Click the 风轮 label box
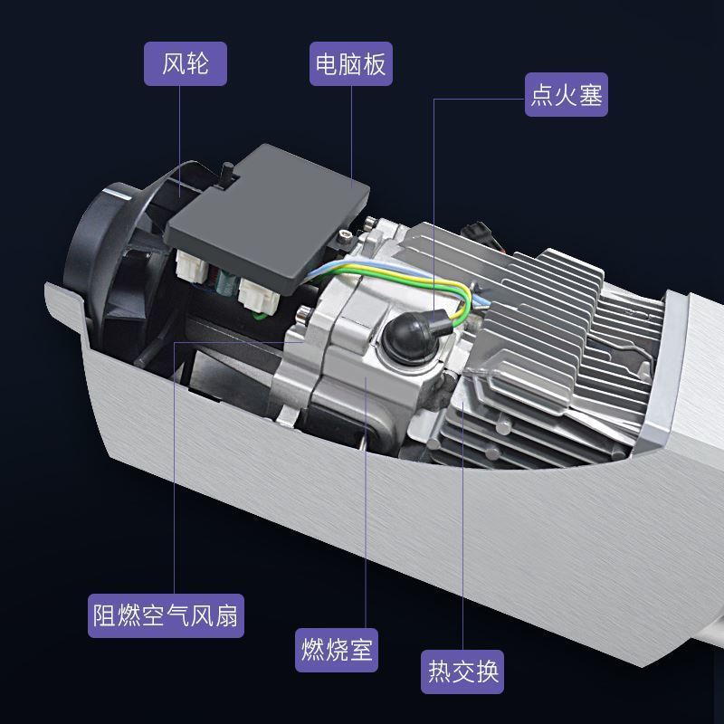coord(186,63)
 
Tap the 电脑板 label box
coord(351,63)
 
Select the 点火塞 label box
coord(567,95)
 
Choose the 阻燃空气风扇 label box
coord(166,616)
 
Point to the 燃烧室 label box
coord(337,650)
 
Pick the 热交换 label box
coord(462,672)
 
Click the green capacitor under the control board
coord(227,281)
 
